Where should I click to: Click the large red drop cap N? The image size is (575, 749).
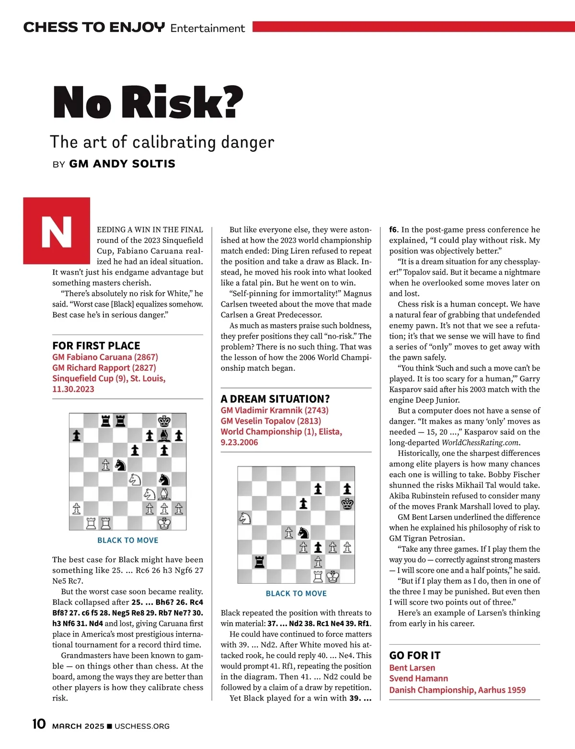[x=57, y=231]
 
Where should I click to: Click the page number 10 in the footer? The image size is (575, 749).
[x=39, y=724]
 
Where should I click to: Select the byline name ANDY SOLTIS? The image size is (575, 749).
[x=122, y=164]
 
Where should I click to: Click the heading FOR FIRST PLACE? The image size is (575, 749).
[x=96, y=346]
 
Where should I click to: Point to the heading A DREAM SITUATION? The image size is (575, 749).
[x=275, y=399]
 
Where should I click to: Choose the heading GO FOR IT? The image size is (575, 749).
[x=414, y=656]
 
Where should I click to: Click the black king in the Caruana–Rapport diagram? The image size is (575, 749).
[x=164, y=421]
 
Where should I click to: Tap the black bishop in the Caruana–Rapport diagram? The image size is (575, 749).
[x=164, y=436]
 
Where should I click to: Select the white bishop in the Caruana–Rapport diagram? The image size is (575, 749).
[x=164, y=494]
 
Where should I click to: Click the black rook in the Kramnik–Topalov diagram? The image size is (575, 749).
[x=259, y=561]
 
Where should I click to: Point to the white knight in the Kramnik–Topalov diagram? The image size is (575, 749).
[x=245, y=518]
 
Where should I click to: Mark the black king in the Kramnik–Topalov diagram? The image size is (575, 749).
[x=347, y=503]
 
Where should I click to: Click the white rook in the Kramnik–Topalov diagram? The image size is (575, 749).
[x=318, y=576]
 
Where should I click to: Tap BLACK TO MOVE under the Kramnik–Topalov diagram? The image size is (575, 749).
[x=296, y=593]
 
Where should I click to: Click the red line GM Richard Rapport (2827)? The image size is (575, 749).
[x=104, y=368]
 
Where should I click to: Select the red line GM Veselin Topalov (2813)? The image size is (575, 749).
[x=271, y=421]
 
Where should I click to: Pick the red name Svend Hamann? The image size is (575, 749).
[x=418, y=679]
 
